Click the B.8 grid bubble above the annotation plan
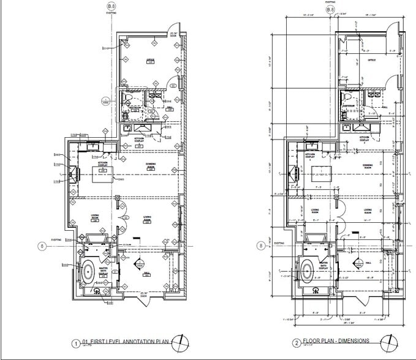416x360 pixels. click(111, 7)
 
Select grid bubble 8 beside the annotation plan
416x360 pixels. click(42, 247)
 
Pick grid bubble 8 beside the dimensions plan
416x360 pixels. click(262, 246)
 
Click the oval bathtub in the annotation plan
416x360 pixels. click(88, 270)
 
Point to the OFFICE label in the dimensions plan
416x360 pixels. click(371, 60)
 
